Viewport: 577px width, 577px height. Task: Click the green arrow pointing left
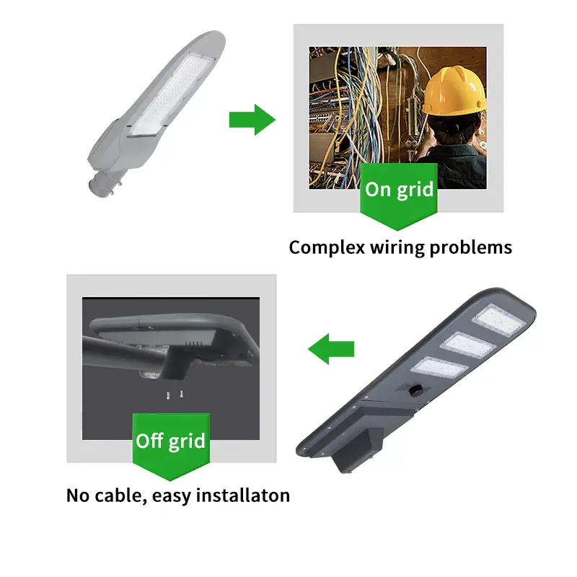tap(332, 350)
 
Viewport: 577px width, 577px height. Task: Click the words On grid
tap(399, 190)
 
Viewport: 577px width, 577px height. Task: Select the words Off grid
tap(171, 440)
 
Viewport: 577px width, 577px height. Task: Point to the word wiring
tap(397, 247)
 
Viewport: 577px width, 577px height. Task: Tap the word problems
tap(471, 247)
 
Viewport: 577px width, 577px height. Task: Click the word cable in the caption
tap(123, 495)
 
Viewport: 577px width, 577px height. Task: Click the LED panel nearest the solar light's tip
tap(498, 322)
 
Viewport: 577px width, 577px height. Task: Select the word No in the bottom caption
tap(79, 495)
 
